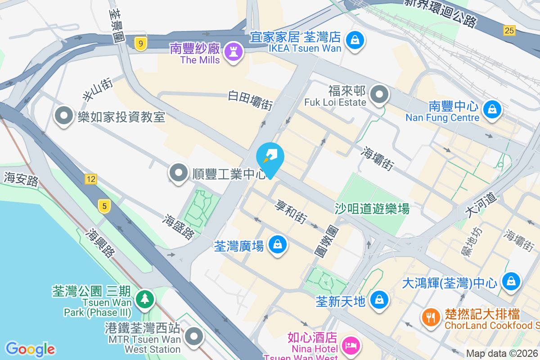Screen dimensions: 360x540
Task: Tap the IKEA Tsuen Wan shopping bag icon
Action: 355,40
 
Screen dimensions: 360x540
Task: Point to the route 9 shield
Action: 141,44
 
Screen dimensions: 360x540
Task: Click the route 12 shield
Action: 90,179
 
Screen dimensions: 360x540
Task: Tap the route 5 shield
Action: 104,207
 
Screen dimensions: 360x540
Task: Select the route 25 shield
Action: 509,31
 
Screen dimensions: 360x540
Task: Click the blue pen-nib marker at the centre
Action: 270,158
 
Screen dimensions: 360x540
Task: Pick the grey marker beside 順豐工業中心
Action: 179,173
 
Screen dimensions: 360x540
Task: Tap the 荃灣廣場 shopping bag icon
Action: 278,245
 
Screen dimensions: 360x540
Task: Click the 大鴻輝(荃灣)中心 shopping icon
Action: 511,282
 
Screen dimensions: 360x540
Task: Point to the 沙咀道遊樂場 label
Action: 372,208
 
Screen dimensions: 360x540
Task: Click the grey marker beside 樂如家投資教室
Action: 64,116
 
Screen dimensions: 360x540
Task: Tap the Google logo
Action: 30,349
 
